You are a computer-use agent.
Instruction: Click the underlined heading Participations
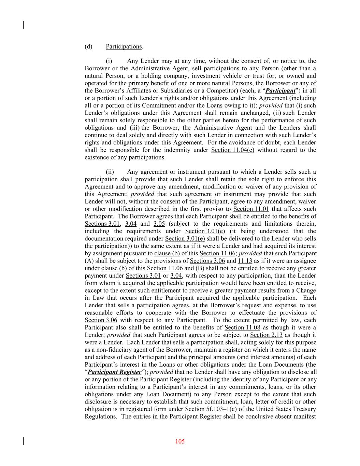124,46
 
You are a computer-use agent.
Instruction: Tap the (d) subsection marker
88,46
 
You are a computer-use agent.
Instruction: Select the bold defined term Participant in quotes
280,91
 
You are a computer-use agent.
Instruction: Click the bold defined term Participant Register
114,372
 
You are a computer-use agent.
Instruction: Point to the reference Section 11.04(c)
233,150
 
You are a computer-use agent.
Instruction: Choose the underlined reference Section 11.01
251,209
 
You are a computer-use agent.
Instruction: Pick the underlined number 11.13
245,261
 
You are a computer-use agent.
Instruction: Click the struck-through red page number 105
180,442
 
